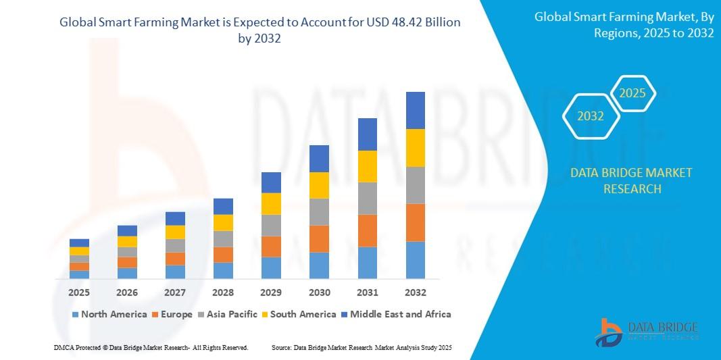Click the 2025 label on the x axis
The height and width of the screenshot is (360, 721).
coord(79,292)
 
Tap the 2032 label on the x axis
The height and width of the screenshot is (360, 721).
coord(415,292)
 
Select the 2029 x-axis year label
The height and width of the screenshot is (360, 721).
coord(271,292)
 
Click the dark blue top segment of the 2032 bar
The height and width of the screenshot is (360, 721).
coord(415,110)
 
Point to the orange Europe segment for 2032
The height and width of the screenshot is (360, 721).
coord(415,222)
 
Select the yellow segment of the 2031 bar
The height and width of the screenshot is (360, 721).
coord(367,166)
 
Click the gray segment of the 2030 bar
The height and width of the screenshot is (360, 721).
coord(319,211)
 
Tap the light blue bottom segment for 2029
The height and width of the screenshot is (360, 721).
coord(271,267)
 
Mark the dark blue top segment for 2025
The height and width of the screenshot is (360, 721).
coord(79,242)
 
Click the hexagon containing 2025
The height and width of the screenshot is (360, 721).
coord(632,94)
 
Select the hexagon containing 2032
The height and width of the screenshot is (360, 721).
coord(591,116)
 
